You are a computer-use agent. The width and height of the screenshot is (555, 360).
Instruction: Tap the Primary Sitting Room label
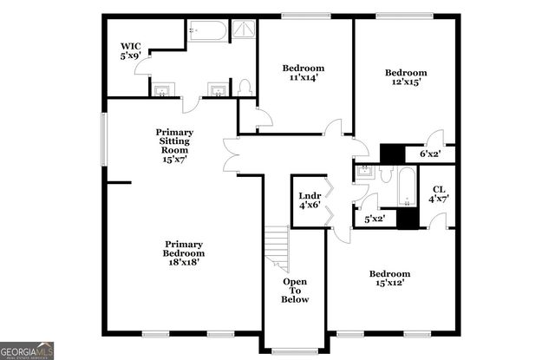point(174,145)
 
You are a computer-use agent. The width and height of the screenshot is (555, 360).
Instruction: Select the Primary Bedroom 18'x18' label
point(185,252)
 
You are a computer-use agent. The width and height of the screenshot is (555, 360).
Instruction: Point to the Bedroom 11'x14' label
point(304,72)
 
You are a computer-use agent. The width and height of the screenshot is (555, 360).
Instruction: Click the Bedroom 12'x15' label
point(406,77)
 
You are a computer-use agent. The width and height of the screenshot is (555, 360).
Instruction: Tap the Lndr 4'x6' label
point(309,200)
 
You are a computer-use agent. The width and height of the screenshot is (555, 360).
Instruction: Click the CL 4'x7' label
point(439,193)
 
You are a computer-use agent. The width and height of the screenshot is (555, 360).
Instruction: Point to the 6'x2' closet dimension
point(430,154)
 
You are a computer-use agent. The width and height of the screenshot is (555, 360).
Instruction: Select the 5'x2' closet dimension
point(375,219)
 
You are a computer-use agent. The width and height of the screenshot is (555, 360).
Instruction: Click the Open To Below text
point(294,291)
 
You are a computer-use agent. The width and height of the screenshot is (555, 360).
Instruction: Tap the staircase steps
point(277,247)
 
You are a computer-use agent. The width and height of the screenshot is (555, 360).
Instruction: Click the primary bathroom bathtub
point(207,32)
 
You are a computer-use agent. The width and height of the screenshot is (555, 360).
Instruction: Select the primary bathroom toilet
point(245,87)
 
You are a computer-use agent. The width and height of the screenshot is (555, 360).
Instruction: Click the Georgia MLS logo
point(28,350)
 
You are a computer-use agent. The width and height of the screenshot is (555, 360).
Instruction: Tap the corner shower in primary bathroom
point(245,30)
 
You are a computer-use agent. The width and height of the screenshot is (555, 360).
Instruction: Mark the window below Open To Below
point(295,351)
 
